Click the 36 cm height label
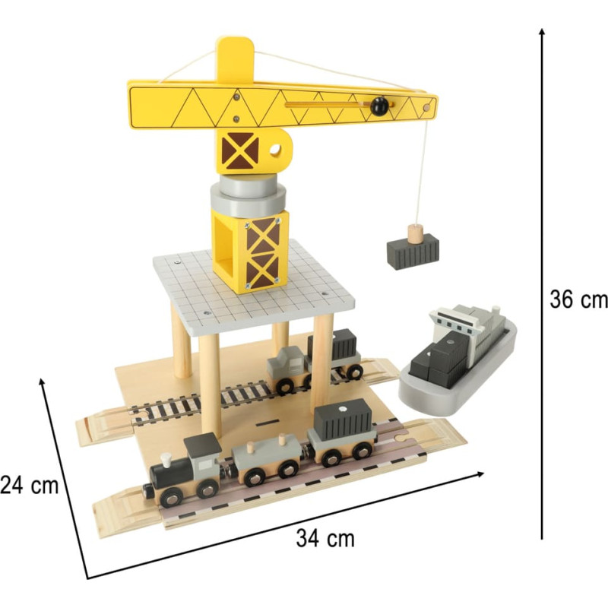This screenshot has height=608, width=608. click(x=578, y=299)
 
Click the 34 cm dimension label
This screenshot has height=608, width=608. click(x=325, y=539)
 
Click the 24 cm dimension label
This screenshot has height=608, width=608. click(x=29, y=485)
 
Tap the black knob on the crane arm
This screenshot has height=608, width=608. click(x=378, y=106)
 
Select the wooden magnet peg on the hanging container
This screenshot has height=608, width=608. click(x=415, y=233)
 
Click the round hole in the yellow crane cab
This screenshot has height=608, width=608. click(x=276, y=149)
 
